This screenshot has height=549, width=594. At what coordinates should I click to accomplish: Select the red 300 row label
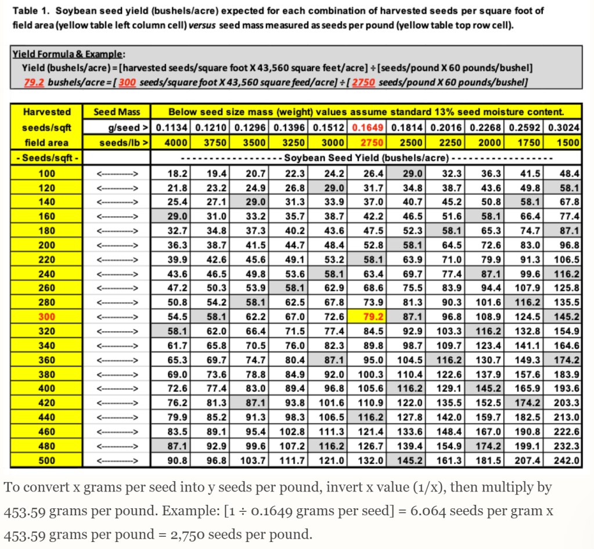(x=48, y=317)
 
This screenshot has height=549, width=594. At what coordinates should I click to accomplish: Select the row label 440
(x=48, y=417)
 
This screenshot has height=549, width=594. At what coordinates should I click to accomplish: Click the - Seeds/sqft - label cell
(x=48, y=157)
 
